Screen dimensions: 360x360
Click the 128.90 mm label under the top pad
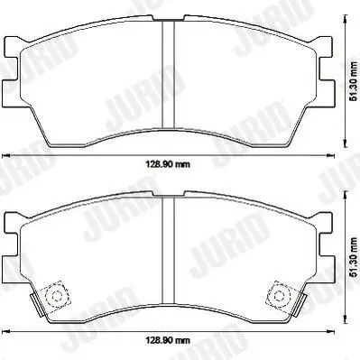tap(168, 164)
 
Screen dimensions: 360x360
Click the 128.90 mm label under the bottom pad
tap(168, 340)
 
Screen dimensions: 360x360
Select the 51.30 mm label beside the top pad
tap(355, 81)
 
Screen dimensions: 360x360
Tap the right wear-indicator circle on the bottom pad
tap(279, 296)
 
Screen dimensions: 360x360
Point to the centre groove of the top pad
tap(169, 74)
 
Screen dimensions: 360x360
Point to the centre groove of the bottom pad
tap(169, 251)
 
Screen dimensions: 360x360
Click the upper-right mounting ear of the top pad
tap(324, 47)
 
